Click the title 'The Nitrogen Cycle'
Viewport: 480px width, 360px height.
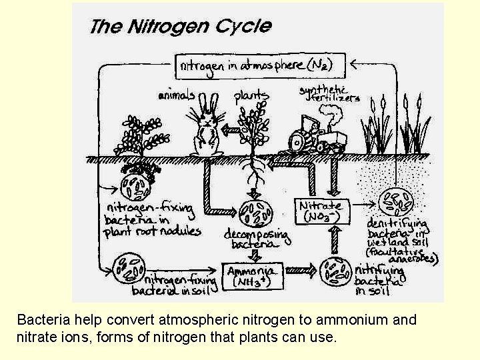[180, 27]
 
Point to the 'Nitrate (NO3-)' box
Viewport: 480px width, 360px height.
[321, 211]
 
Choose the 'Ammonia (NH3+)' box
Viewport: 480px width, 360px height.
[253, 275]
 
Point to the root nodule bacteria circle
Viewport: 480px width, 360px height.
[136, 185]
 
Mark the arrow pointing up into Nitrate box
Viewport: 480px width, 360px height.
[335, 239]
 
